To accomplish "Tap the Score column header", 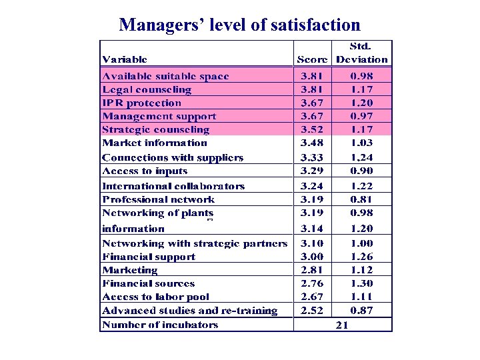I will pos(312,59).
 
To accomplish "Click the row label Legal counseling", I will pos(147,90).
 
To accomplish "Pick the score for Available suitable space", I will pos(312,77).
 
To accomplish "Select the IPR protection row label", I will pos(141,103).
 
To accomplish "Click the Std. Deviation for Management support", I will pos(362,117).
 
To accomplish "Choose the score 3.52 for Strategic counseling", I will pos(312,130).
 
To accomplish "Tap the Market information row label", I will pos(155,143).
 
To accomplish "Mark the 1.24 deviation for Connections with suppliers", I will pos(362,158).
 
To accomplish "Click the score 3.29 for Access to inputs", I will pos(312,171).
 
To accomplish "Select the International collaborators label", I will pos(173,187).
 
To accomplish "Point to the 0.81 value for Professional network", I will pos(362,199).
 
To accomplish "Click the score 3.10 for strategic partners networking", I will pos(312,244).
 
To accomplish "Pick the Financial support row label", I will pos(149,257).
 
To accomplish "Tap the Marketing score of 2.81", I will pos(312,270).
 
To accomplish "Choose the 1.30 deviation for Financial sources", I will pos(362,283).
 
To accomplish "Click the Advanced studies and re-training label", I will pos(190,311).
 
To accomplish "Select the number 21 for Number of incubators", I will pos(343,325).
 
